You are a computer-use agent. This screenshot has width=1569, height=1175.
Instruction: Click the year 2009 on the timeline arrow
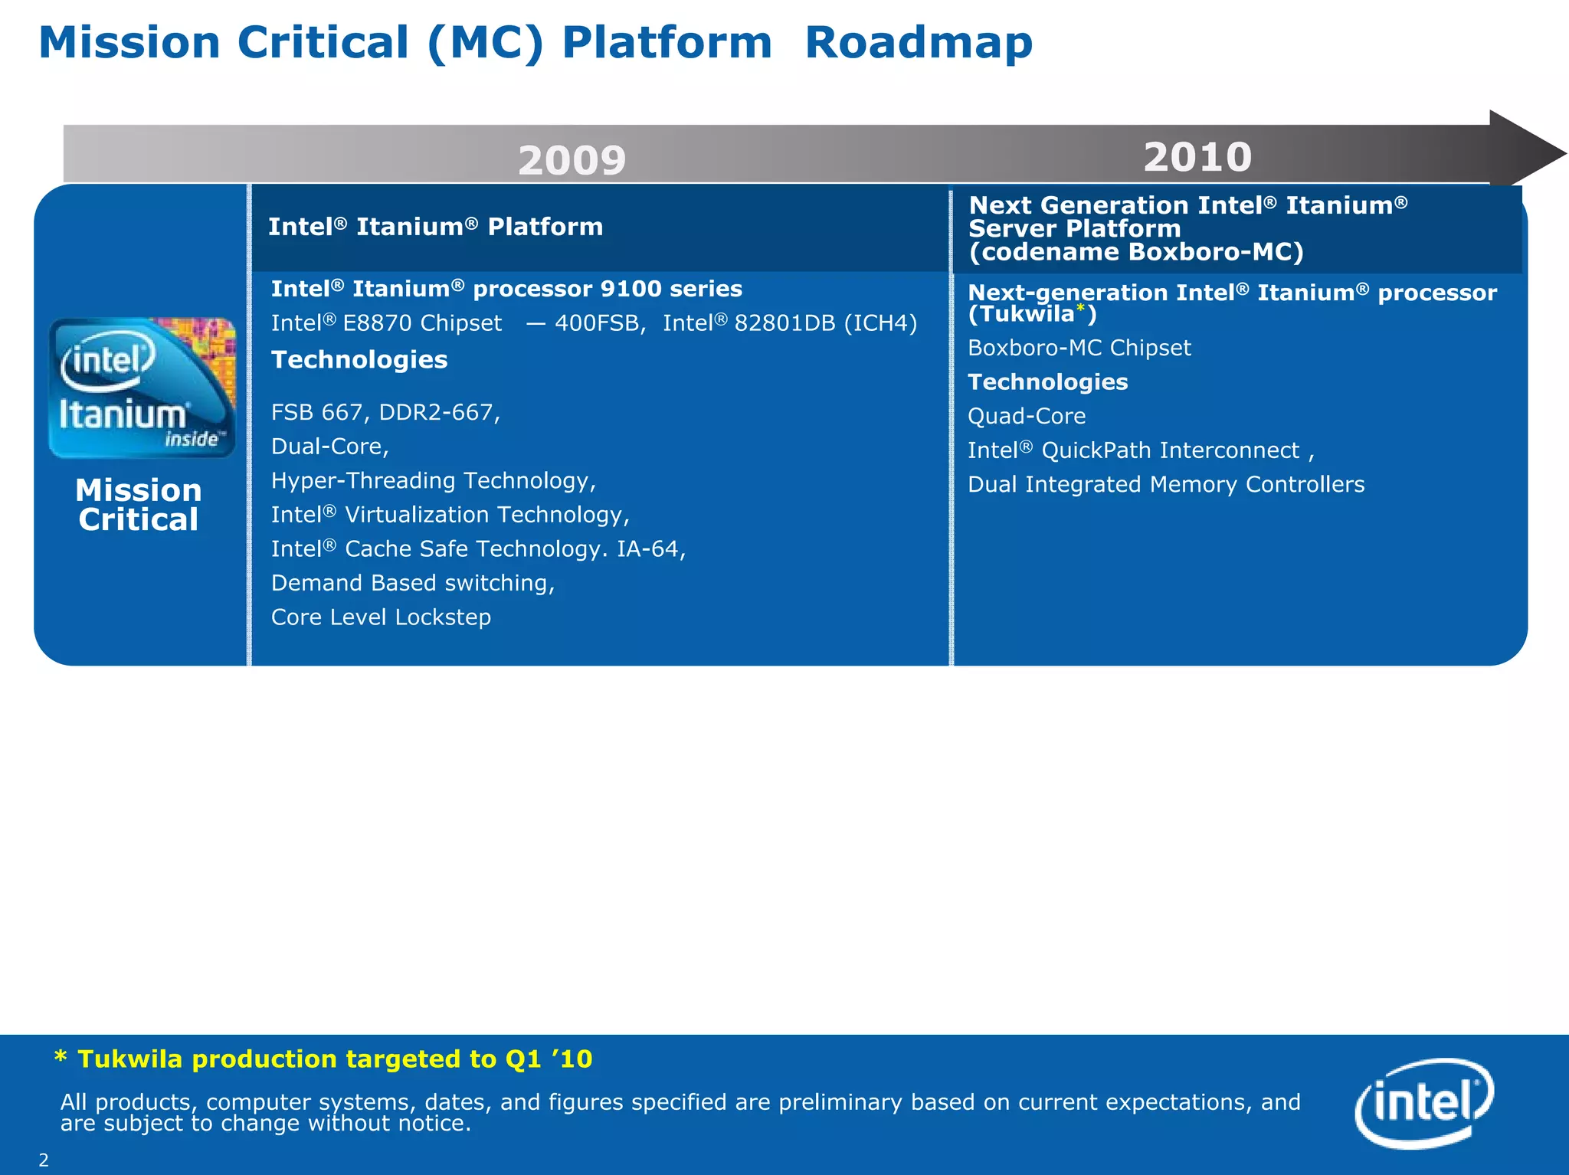[572, 161]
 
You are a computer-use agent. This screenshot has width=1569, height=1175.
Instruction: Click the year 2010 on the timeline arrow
[1197, 157]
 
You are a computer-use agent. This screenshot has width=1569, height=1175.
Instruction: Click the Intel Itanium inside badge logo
[142, 388]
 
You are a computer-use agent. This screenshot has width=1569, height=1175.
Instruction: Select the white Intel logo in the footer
[1424, 1102]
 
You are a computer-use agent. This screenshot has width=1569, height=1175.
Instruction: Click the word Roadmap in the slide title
[919, 43]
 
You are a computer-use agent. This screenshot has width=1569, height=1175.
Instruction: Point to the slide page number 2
[44, 1160]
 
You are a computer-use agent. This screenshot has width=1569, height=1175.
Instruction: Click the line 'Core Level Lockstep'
[381, 617]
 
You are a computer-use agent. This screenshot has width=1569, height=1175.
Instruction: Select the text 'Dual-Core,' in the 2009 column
[330, 447]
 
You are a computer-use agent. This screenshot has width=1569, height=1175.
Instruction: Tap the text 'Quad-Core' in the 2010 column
[1027, 417]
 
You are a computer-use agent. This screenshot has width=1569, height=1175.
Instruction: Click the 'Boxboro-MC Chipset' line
[1079, 349]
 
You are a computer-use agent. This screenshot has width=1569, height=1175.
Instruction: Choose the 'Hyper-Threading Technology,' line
[434, 481]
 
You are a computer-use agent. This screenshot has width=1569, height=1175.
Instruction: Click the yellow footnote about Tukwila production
[324, 1059]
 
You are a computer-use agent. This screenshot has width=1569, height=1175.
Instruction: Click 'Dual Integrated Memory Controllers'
[1166, 485]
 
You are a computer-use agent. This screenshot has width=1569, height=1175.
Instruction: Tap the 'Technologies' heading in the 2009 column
[359, 360]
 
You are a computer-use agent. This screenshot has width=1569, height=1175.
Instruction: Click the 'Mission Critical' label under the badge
[139, 505]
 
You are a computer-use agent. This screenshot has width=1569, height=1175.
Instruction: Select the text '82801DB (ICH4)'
[825, 323]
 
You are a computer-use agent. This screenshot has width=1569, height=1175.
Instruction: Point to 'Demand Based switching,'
[413, 584]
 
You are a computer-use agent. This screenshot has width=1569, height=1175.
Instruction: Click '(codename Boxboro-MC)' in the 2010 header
[1135, 252]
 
